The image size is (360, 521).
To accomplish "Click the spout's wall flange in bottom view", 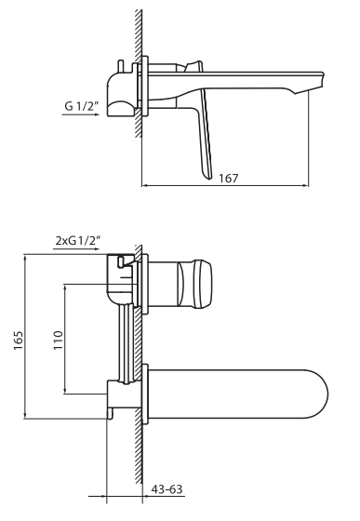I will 143,391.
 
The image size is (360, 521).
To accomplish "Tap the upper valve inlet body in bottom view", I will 118,279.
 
